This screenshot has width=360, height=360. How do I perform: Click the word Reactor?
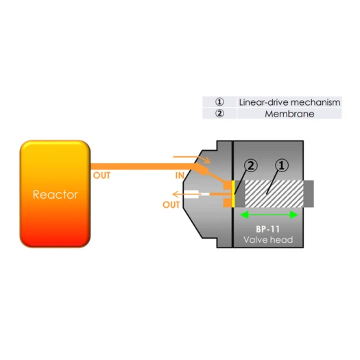[x=55, y=195]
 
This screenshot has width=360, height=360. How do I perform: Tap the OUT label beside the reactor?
[x=101, y=176]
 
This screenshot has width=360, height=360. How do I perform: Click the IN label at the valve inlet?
[x=180, y=176]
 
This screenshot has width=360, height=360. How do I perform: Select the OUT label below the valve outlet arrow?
[x=171, y=204]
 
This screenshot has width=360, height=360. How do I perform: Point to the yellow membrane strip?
[x=233, y=194]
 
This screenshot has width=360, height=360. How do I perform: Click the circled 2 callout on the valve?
[x=251, y=165]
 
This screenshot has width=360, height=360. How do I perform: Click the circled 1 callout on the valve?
[x=281, y=165]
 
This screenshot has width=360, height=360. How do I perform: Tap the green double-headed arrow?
[x=269, y=215]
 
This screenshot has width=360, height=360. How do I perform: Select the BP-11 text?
[x=267, y=229]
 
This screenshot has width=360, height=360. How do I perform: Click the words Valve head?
[x=268, y=240]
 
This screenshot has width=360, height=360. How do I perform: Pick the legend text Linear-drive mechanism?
[x=289, y=102]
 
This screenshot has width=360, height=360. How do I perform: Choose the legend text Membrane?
[x=289, y=114]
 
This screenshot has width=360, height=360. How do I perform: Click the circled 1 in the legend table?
[x=219, y=102]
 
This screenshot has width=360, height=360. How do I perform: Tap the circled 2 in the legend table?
[x=219, y=113]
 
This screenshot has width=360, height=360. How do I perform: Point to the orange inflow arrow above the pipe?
[x=192, y=159]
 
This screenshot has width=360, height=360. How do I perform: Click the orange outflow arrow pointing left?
[x=187, y=194]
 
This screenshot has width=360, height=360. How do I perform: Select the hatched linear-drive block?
[x=274, y=194]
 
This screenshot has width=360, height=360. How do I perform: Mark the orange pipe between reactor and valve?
[x=143, y=167]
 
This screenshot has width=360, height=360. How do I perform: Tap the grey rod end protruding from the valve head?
[x=309, y=194]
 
